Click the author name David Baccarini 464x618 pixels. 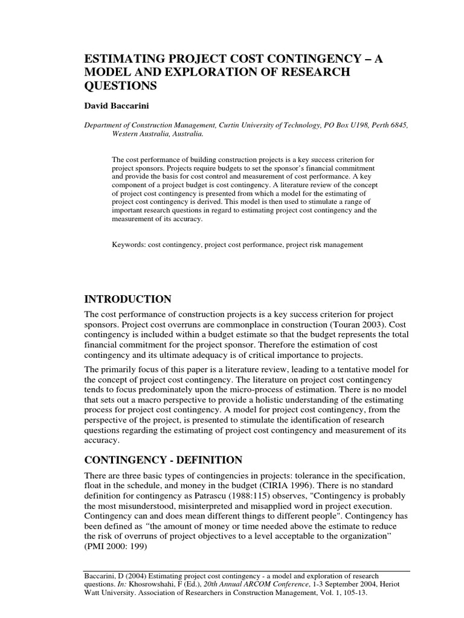click(x=120, y=105)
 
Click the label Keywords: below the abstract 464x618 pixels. click(x=129, y=244)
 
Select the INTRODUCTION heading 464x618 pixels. click(x=127, y=299)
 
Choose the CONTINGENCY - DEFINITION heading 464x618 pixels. click(x=163, y=459)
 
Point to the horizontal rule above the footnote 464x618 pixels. click(x=246, y=571)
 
